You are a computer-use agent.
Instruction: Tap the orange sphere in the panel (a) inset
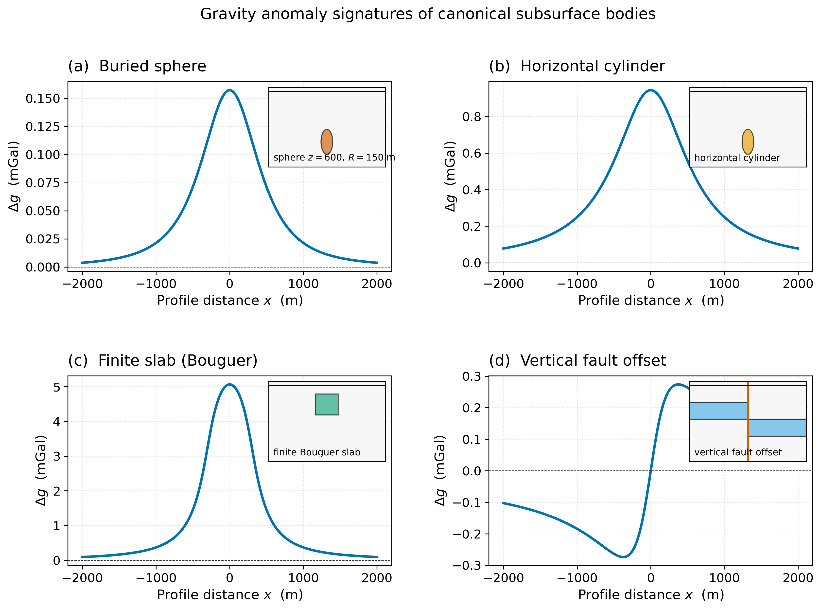[327, 142]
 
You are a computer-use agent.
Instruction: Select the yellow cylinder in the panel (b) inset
[748, 142]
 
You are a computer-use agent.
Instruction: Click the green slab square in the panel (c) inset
[327, 404]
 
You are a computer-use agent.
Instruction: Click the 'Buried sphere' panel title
[137, 66]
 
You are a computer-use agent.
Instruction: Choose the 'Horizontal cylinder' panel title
[577, 66]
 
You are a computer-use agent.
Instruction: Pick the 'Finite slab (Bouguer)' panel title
[163, 360]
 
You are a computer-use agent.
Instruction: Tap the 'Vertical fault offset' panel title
[577, 360]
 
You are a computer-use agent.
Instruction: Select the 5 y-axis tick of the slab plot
[56, 387]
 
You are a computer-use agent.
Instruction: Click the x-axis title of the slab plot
[230, 595]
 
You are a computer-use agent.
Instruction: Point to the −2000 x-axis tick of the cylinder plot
[503, 284]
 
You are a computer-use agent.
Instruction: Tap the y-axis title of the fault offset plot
[440, 471]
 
